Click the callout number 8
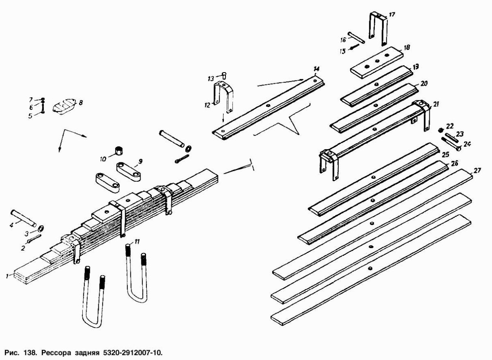point(81,103)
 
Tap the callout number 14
point(316,68)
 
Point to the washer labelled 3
point(42,228)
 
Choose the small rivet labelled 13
point(224,75)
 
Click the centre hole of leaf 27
point(371,223)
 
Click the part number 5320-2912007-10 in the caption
point(131,352)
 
